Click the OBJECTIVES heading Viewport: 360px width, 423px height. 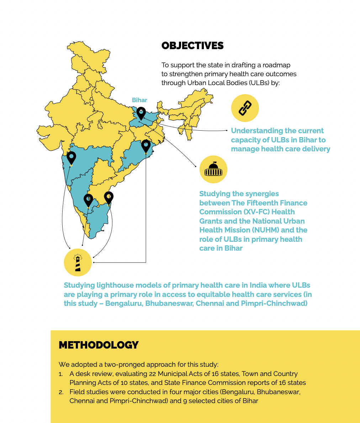click(x=192, y=46)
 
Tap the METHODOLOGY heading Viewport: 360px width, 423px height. click(x=99, y=345)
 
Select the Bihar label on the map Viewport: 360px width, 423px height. click(x=139, y=100)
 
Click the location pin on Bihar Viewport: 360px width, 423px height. click(x=141, y=113)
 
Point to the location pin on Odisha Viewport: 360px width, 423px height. click(x=146, y=146)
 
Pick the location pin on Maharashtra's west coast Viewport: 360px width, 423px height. click(x=72, y=157)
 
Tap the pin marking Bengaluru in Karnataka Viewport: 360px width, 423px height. click(x=88, y=200)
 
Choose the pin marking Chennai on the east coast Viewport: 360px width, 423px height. click(x=108, y=198)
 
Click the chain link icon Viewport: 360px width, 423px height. click(x=245, y=108)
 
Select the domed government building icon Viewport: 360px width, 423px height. click(x=213, y=169)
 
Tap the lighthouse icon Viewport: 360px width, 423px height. click(x=78, y=263)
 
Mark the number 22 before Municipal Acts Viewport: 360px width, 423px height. click(x=152, y=374)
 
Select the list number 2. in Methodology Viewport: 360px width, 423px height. click(x=61, y=392)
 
